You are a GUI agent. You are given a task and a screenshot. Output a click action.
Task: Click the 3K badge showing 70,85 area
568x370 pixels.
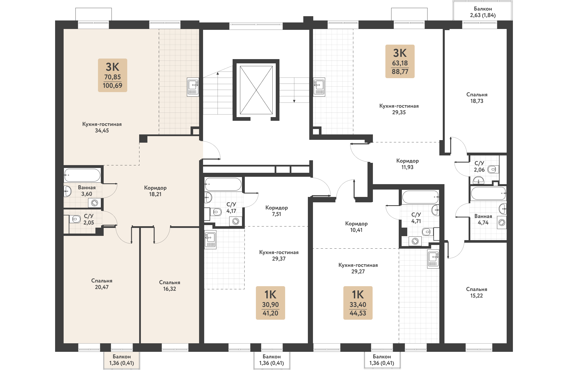click(x=112, y=75)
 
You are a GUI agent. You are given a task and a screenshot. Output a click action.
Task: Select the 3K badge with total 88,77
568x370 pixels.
click(x=400, y=61)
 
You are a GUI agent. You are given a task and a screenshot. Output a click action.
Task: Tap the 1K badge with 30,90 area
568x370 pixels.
click(x=270, y=303)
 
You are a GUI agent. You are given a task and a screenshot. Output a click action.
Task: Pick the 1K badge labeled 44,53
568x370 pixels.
click(x=358, y=303)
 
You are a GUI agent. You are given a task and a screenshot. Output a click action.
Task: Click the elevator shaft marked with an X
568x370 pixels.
click(x=256, y=90)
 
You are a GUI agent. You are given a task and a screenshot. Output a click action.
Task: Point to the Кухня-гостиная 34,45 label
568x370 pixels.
click(x=102, y=127)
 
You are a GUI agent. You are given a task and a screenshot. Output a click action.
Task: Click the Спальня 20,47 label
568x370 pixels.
click(x=102, y=284)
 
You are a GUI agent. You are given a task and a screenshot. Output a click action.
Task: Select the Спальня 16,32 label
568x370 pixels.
click(x=170, y=286)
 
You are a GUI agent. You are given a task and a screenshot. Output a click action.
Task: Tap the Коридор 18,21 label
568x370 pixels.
click(x=155, y=191)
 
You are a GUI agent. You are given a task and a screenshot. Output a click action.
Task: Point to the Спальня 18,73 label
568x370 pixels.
click(x=477, y=98)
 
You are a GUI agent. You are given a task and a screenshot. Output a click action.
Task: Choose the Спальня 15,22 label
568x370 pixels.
click(x=477, y=292)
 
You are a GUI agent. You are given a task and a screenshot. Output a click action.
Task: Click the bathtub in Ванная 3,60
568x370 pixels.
click(x=82, y=175)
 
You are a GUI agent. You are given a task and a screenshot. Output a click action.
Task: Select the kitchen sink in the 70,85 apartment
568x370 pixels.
click(x=193, y=87)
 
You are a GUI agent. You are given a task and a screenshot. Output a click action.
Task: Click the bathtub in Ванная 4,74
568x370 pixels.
click(x=488, y=194)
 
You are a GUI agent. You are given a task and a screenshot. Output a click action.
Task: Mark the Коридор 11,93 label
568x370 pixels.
click(x=408, y=164)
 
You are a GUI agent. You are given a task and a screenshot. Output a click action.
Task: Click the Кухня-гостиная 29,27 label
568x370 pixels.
click(x=358, y=268)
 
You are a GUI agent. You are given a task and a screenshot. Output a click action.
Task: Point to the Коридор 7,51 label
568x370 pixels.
click(x=277, y=211)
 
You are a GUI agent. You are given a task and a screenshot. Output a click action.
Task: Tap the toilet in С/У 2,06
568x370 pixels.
click(x=493, y=170)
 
